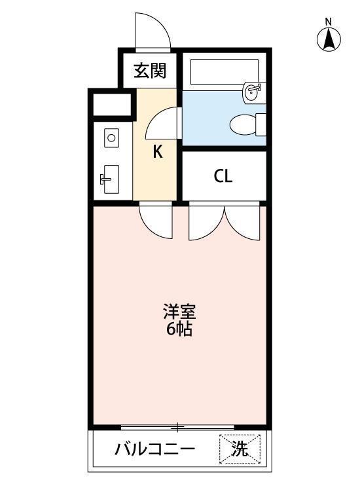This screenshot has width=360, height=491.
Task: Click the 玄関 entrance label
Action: (x=149, y=70)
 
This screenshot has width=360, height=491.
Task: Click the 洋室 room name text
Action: (x=180, y=311)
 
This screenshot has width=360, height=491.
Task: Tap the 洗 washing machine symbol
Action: (x=240, y=449)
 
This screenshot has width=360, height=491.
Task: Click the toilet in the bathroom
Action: (x=246, y=123)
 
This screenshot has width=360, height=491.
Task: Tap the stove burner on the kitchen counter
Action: (x=111, y=138)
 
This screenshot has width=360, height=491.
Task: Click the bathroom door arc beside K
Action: (x=160, y=122)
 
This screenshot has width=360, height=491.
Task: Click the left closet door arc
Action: (x=206, y=223)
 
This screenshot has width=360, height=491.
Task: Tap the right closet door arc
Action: (x=242, y=223)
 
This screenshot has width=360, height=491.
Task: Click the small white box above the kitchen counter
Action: (x=111, y=105)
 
